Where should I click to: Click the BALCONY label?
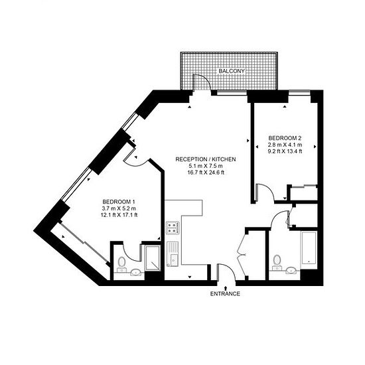click(232, 71)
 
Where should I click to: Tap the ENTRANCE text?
click(225, 294)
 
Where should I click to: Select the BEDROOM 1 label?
click(119, 202)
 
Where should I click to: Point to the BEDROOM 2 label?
click(285, 138)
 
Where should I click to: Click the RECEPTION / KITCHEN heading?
click(206, 159)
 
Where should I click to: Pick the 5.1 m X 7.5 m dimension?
click(206, 166)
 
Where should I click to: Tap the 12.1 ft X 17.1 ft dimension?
click(119, 215)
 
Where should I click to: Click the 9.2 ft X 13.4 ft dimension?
click(285, 151)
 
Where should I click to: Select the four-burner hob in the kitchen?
click(173, 228)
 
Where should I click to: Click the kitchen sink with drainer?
click(173, 254)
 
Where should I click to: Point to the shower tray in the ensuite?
click(153, 258)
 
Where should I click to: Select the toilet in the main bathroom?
click(277, 263)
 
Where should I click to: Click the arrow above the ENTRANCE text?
click(225, 289)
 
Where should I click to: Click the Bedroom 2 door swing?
click(267, 190)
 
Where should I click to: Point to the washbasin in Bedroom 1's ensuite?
click(135, 272)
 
